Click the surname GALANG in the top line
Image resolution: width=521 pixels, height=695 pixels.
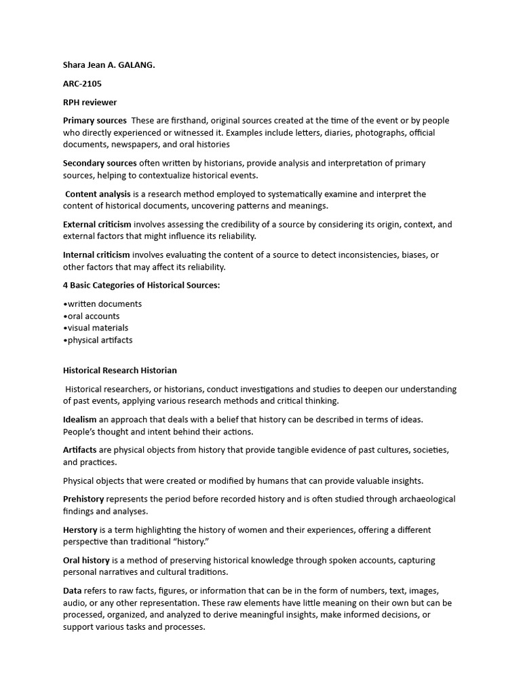(135, 65)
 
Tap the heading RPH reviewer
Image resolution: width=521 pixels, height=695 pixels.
(90, 102)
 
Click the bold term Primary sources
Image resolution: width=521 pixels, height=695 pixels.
(94, 121)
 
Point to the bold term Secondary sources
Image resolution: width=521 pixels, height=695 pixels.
(100, 163)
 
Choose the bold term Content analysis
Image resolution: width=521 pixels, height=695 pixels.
(98, 194)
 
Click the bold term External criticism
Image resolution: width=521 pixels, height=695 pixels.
(97, 224)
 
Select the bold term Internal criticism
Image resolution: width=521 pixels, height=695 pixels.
(96, 255)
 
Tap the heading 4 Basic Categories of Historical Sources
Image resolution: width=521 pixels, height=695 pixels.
(141, 285)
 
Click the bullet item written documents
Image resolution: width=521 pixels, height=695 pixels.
(104, 304)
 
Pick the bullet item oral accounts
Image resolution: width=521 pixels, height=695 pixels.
(94, 316)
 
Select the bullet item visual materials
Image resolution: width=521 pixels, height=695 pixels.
(98, 328)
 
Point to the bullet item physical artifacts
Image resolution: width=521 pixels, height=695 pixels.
(100, 340)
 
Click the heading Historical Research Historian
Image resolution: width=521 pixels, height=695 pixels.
(119, 371)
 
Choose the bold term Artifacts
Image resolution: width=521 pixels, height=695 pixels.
(79, 450)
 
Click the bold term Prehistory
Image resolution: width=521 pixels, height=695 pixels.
(83, 499)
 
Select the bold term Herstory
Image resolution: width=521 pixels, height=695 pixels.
(81, 529)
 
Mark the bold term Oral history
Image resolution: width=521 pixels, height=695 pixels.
(86, 560)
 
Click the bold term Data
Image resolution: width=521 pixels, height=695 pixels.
(73, 590)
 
